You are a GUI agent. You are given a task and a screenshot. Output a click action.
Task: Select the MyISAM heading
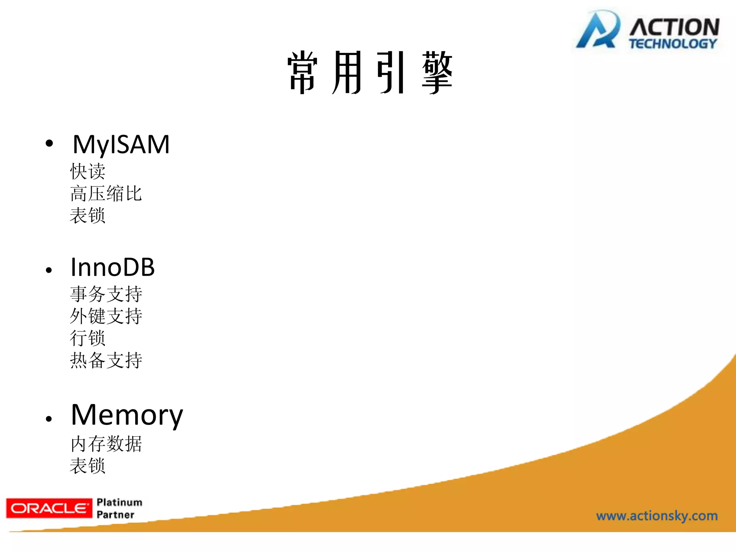coord(121,144)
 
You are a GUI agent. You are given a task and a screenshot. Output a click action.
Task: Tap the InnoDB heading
coord(112,267)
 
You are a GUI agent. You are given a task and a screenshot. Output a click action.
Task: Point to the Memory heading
coord(127,415)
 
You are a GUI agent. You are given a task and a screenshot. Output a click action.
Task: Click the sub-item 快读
coord(88,171)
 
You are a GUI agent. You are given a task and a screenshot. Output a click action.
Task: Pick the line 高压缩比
coord(106,193)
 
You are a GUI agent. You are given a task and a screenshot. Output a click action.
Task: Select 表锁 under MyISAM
coord(88,216)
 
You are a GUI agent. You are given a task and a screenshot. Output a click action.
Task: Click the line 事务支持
coord(106,294)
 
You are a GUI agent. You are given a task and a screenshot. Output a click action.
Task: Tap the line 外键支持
coord(106,316)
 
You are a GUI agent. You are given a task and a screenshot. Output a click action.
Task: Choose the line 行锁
coord(88,338)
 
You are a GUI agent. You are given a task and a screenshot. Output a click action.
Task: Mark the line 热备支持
coord(106,360)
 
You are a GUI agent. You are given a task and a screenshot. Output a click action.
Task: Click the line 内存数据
coord(106,444)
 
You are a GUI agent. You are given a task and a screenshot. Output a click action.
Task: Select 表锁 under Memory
coord(88,466)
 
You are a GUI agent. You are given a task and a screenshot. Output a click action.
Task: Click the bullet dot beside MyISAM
coord(49,144)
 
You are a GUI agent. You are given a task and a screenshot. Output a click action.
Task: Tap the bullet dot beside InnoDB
coord(49,270)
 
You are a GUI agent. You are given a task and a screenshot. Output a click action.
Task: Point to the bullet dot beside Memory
coord(49,418)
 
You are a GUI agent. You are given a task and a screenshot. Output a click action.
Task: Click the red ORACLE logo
coord(49,508)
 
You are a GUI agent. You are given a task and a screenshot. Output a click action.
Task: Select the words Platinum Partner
coord(119,508)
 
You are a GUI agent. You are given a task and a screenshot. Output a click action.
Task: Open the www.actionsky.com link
coord(657,516)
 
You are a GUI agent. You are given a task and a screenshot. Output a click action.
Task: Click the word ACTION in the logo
coord(674,27)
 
